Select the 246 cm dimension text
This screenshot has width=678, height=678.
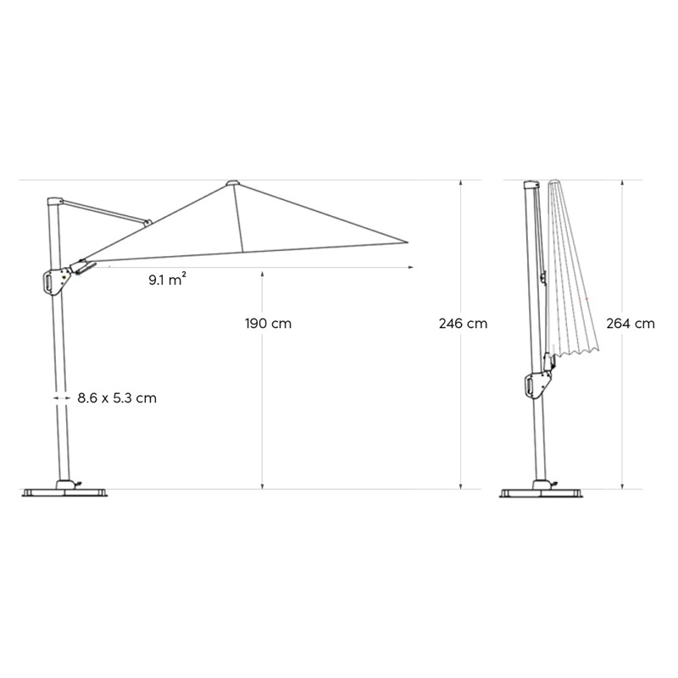pos(463,324)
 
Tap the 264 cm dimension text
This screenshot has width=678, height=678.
pos(630,324)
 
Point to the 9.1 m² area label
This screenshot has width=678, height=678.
pos(167,279)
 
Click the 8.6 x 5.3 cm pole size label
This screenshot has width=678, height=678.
pos(116,397)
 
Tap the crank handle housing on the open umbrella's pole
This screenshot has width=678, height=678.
pos(55,280)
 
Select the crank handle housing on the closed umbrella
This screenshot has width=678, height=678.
pos(536,384)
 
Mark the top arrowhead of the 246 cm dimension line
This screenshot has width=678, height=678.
pos(461,183)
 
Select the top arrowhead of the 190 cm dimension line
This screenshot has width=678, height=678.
pos(264,273)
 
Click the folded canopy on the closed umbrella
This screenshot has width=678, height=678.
pos(572,271)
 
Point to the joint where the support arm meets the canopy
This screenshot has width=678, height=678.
pos(147,224)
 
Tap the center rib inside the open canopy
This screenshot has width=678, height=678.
pos(240,218)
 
